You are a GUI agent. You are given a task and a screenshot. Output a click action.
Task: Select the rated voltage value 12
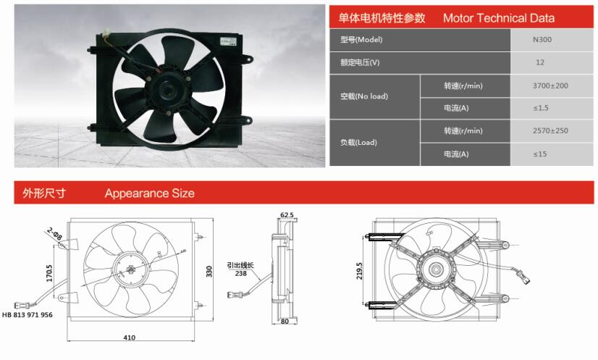540,62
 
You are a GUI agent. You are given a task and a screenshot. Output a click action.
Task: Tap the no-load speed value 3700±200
550,85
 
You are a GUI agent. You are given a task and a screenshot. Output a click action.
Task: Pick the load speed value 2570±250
550,130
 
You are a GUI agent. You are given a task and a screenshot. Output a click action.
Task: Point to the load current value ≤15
540,154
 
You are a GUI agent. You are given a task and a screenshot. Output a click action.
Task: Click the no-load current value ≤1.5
541,108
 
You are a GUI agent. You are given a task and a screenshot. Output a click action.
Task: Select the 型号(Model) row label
361,39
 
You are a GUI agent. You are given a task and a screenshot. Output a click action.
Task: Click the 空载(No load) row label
364,96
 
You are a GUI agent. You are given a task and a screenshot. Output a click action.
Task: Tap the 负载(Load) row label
358,143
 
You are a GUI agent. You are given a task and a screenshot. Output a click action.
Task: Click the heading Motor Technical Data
499,18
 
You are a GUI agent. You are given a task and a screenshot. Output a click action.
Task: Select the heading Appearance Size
149,193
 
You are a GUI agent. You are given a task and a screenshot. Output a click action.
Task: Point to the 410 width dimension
130,338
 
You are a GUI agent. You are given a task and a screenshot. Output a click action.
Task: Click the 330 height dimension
209,272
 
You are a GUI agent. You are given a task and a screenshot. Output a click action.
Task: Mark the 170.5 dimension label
49,273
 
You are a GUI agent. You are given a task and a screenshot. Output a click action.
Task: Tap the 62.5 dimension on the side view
287,215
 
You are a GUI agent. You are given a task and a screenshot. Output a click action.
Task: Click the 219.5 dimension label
359,271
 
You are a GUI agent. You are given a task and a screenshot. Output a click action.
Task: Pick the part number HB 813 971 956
28,315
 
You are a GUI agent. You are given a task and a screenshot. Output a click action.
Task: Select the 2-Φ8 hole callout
55,234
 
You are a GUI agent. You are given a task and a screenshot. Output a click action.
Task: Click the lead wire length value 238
240,273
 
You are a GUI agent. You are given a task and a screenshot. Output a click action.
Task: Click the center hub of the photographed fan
167,91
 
